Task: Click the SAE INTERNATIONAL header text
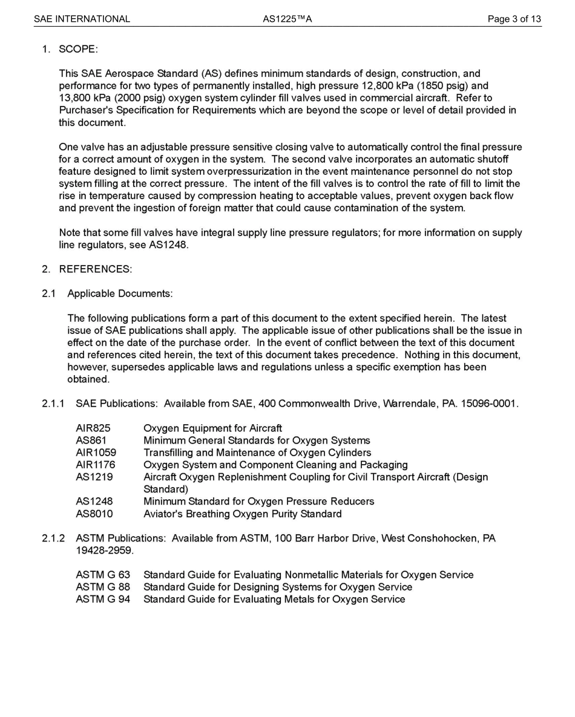pos(82,19)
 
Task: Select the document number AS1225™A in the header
pos(287,19)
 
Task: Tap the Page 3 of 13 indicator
pos(514,19)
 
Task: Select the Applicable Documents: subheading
pos(120,293)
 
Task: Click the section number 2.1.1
pos(53,404)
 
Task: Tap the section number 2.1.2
pos(53,539)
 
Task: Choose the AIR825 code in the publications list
pos(93,428)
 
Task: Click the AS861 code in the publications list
pos(91,440)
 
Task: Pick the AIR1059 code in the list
pos(96,453)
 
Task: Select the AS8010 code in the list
pos(94,514)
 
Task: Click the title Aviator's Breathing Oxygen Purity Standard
pos(242,514)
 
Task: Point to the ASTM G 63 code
pos(103,575)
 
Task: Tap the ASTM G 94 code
pos(103,599)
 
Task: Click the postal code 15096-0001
pos(488,404)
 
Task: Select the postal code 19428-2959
pos(104,551)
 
